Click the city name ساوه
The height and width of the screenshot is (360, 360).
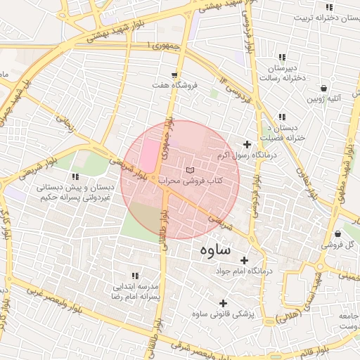(214, 250)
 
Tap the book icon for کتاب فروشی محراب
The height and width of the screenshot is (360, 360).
(188, 171)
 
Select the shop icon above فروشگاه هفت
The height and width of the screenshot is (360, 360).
(174, 74)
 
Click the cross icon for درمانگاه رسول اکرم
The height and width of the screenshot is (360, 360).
(247, 144)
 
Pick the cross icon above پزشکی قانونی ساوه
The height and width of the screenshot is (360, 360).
(223, 302)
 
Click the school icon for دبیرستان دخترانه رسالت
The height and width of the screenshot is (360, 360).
(282, 57)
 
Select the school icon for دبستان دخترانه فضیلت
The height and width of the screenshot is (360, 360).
(282, 117)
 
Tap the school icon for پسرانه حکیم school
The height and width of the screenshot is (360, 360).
(75, 176)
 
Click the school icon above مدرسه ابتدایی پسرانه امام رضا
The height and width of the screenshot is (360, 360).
(134, 276)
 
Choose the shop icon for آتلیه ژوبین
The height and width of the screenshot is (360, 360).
(323, 89)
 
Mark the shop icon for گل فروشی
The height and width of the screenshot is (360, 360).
(338, 234)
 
